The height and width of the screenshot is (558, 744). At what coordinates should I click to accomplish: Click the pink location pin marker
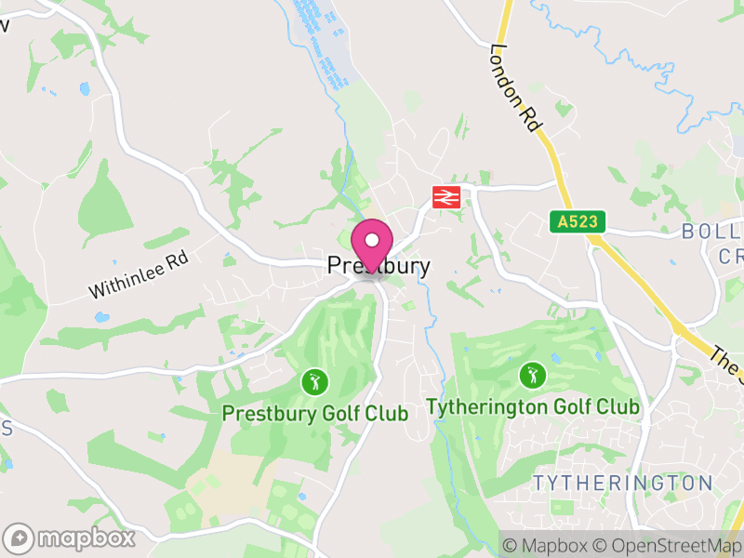pyautogui.click(x=372, y=245)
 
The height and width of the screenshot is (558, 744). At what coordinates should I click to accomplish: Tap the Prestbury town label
pyautogui.click(x=379, y=267)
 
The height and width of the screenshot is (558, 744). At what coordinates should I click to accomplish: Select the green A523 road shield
pyautogui.click(x=578, y=221)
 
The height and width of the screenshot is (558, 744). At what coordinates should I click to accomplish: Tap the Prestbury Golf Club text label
pyautogui.click(x=315, y=414)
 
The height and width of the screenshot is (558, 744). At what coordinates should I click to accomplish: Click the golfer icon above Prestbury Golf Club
pyautogui.click(x=315, y=381)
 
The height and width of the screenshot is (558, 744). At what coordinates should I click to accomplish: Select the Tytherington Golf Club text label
pyautogui.click(x=533, y=406)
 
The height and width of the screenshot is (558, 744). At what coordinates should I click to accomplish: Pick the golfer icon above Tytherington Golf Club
pyautogui.click(x=533, y=375)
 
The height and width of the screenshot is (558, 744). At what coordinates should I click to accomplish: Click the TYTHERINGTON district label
pyautogui.click(x=623, y=484)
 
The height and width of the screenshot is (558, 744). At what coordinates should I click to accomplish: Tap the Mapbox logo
pyautogui.click(x=71, y=538)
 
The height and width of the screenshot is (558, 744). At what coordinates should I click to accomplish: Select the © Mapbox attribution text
pyautogui.click(x=545, y=544)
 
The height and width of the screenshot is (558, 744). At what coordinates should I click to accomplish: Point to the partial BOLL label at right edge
pyautogui.click(x=712, y=232)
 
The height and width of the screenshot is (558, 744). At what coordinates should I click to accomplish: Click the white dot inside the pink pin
pyautogui.click(x=372, y=239)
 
